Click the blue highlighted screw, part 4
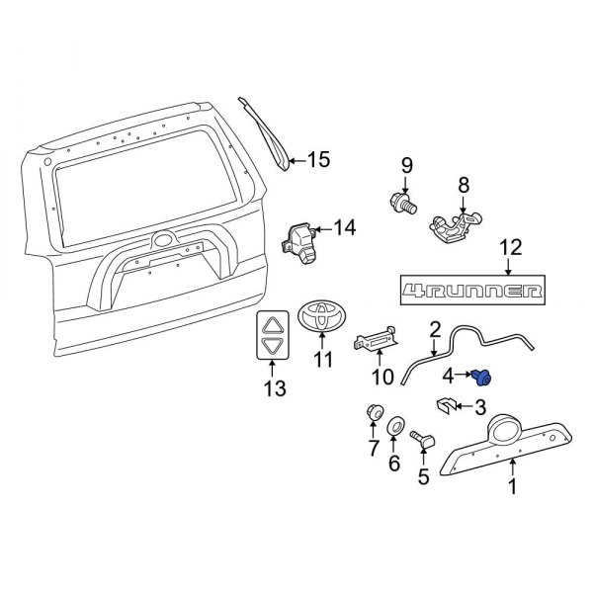coord(483,376)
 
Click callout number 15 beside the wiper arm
coord(317,159)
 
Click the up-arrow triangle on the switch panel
coord(274,322)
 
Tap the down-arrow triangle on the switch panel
coord(274,346)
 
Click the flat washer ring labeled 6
coord(395,426)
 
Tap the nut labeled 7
coord(375,411)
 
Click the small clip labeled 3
coord(448,405)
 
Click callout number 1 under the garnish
coord(512,486)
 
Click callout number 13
coord(273,388)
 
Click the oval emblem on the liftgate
coord(163,239)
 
